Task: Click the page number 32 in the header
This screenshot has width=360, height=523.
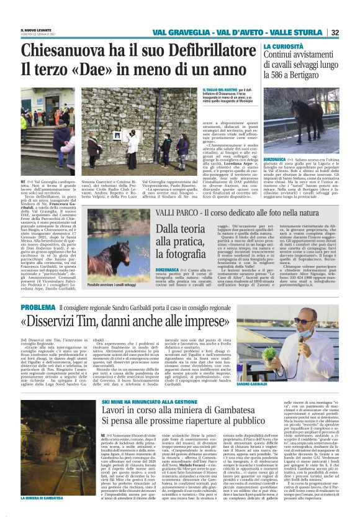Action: (351, 32)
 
